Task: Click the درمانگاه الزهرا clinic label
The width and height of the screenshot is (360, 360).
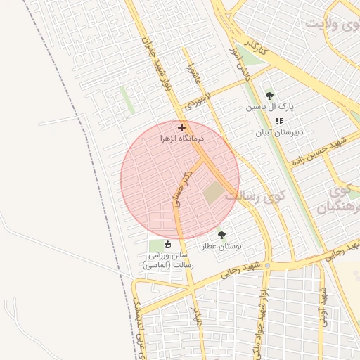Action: point(181,139)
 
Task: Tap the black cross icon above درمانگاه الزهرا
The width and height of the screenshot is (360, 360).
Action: point(182,127)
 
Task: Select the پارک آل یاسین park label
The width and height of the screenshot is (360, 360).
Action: point(269,108)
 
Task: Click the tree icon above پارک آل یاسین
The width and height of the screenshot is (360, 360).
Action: point(269,96)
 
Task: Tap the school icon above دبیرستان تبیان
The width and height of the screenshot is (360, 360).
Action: point(279,121)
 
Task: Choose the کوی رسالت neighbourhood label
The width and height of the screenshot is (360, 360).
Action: point(252,196)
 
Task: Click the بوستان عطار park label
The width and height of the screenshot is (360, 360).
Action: point(221,247)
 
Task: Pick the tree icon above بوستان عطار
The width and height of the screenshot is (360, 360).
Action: point(222,235)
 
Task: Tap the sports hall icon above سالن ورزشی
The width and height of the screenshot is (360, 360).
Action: point(167,245)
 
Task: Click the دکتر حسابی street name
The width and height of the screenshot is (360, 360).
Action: point(180,188)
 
